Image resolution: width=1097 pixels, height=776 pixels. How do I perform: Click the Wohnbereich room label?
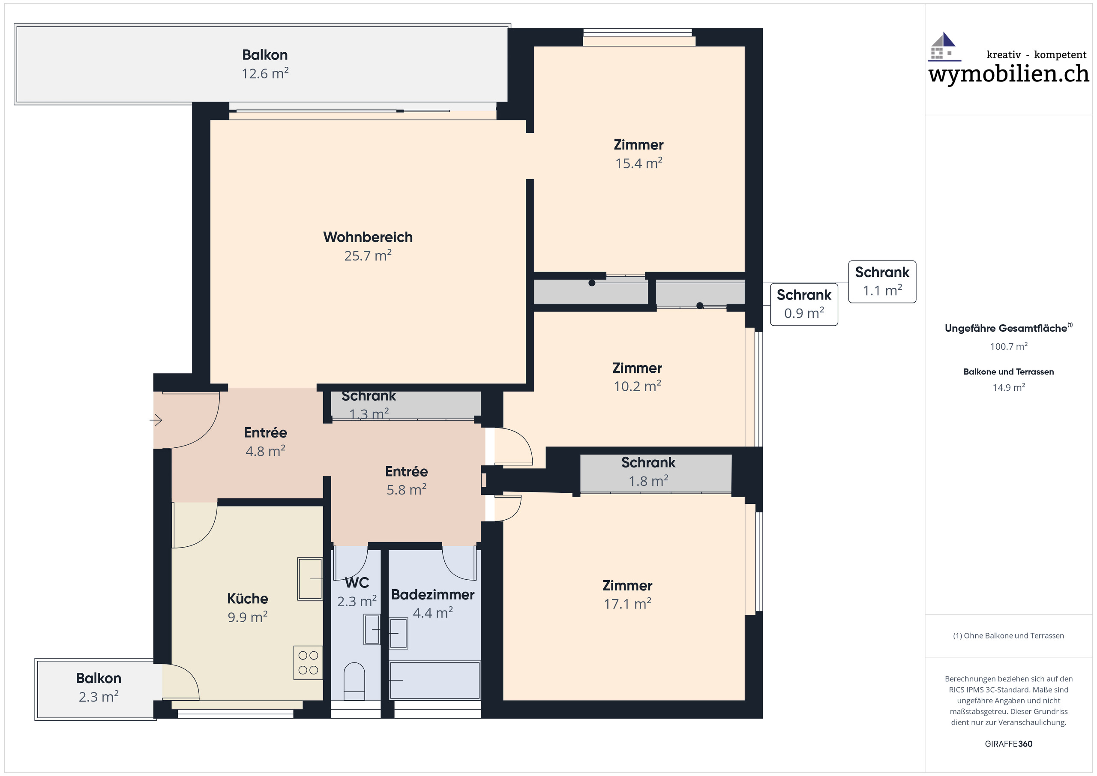click(368, 237)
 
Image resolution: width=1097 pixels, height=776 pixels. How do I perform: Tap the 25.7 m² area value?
click(368, 256)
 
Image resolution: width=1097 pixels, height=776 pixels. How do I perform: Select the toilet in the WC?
click(354, 681)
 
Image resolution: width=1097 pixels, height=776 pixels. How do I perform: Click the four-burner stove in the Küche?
click(308, 663)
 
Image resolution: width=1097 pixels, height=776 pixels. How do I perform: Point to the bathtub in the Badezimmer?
click(435, 680)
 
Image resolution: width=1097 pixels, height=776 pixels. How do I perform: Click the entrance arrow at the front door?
click(156, 420)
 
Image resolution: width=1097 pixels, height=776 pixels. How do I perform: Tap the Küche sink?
click(310, 578)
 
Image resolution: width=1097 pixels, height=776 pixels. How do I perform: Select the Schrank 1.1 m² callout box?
click(882, 282)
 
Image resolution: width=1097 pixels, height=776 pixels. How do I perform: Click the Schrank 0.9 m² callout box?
click(804, 304)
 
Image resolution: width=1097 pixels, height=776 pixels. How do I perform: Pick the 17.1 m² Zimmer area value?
click(627, 604)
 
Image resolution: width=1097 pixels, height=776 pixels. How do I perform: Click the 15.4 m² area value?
click(639, 163)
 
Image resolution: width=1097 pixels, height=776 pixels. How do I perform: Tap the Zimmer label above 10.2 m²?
click(637, 368)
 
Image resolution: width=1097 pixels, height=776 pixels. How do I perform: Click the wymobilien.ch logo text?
click(1009, 74)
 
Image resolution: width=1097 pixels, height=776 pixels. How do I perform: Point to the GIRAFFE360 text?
click(1009, 744)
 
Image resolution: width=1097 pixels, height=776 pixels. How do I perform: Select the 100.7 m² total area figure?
click(1009, 346)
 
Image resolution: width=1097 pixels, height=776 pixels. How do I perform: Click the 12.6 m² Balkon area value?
click(265, 74)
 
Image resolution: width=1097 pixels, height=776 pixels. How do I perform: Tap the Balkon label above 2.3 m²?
click(99, 679)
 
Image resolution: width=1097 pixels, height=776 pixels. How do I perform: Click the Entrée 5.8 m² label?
click(407, 481)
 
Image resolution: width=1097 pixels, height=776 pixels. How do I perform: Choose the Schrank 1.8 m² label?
click(648, 472)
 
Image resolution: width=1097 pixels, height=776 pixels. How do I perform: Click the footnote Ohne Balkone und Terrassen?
click(1009, 635)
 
